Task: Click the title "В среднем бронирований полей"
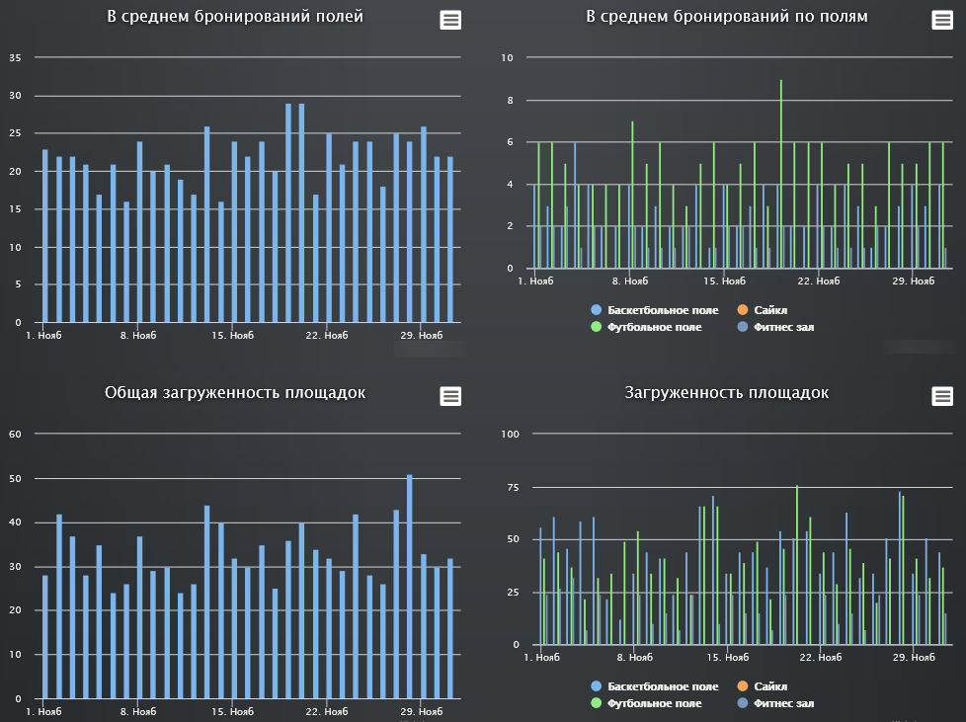(x=235, y=17)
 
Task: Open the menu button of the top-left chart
(x=450, y=21)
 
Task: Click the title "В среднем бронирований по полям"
(x=726, y=17)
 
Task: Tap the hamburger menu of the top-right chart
(x=942, y=21)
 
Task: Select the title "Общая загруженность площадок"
(x=235, y=393)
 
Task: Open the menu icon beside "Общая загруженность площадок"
(x=450, y=396)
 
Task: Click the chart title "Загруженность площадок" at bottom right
(x=727, y=393)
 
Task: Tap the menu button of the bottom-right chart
(x=942, y=396)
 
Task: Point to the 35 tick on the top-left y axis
(x=15, y=58)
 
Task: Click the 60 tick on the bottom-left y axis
(x=15, y=435)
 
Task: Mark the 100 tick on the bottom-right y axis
(x=510, y=435)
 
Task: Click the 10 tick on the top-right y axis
(x=508, y=58)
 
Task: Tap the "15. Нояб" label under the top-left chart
(x=233, y=336)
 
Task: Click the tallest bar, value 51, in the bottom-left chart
(x=410, y=587)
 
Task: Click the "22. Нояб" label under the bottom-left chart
(x=327, y=711)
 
